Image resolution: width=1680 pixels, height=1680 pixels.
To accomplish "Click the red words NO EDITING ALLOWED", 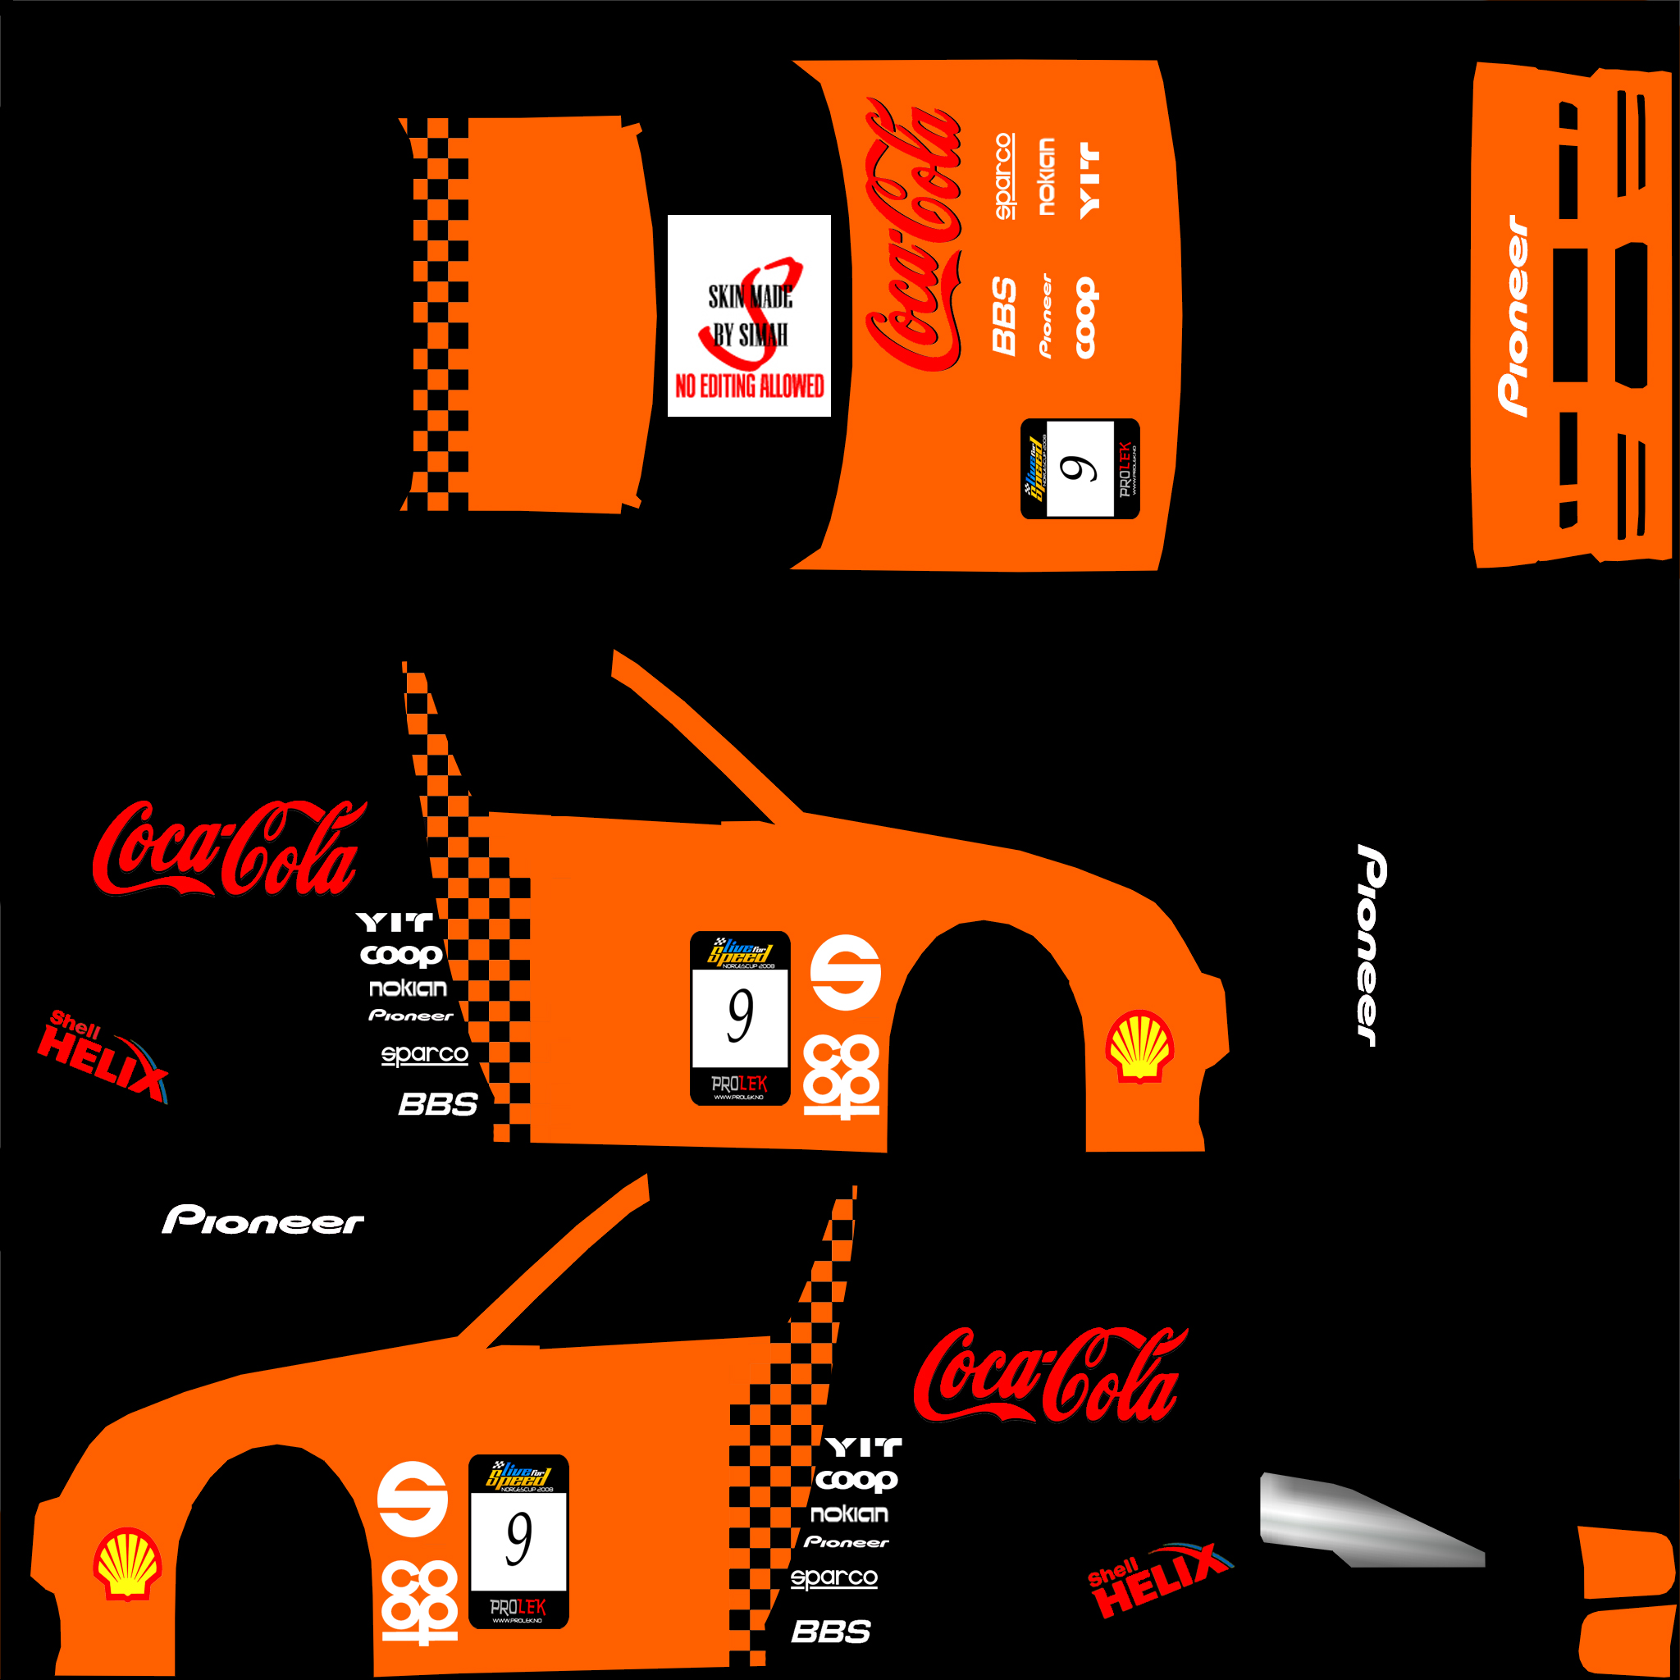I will click(749, 386).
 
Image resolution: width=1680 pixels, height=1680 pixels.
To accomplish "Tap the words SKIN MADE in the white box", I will click(750, 298).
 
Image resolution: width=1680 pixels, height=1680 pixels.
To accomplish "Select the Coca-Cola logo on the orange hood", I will click(912, 235).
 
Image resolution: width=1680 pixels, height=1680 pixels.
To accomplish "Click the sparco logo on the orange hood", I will click(1003, 176).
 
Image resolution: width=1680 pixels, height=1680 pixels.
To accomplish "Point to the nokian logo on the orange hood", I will click(1046, 176).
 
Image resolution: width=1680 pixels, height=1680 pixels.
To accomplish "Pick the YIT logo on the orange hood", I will click(1089, 180).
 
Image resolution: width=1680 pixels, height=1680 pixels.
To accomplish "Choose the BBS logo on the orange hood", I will click(1004, 316).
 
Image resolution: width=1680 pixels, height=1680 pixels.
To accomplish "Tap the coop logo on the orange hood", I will click(1086, 318).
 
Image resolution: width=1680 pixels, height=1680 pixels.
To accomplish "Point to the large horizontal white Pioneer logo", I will click(262, 1220).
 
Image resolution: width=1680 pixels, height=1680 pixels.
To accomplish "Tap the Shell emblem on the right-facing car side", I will click(1139, 1045).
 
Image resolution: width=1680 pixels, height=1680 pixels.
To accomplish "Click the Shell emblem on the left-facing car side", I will click(127, 1564).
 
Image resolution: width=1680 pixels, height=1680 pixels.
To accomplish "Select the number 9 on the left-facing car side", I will click(518, 1538).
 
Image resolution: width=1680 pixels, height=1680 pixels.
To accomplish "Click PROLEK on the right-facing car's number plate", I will click(739, 1084).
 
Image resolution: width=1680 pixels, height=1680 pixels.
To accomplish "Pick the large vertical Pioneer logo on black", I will click(1372, 946).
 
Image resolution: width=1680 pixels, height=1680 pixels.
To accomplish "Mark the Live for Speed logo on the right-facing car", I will click(739, 952).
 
